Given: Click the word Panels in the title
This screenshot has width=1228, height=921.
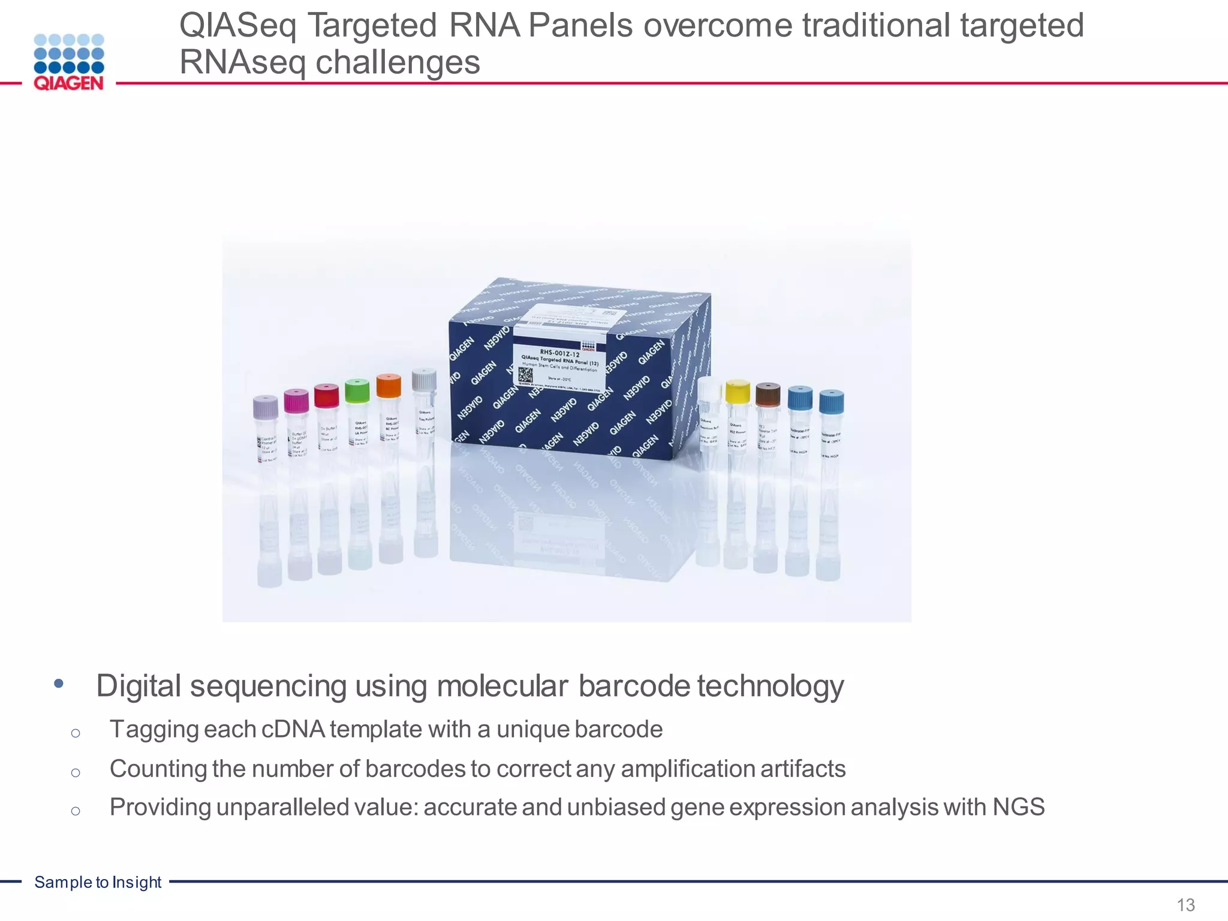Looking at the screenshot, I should pyautogui.click(x=580, y=26).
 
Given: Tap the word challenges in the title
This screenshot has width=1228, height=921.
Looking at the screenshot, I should pyautogui.click(x=398, y=62).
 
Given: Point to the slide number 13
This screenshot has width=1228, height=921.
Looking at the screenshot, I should pyautogui.click(x=1185, y=904).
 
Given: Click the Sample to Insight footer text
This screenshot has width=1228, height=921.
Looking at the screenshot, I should pyautogui.click(x=98, y=882).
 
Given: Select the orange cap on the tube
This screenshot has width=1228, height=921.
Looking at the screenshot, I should pyautogui.click(x=389, y=386).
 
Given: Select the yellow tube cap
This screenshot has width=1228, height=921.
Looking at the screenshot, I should pyautogui.click(x=738, y=392).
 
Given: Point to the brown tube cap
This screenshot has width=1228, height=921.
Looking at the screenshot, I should pyautogui.click(x=767, y=395).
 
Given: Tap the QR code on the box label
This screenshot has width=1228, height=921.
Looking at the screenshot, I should pyautogui.click(x=525, y=375).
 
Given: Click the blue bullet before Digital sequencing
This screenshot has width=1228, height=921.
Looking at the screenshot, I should pyautogui.click(x=58, y=684).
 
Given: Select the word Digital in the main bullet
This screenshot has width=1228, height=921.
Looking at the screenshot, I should pyautogui.click(x=139, y=686).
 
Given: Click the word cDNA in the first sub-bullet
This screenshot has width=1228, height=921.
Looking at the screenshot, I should pyautogui.click(x=293, y=730).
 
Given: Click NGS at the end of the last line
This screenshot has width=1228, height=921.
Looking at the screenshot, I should pyautogui.click(x=1018, y=807).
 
